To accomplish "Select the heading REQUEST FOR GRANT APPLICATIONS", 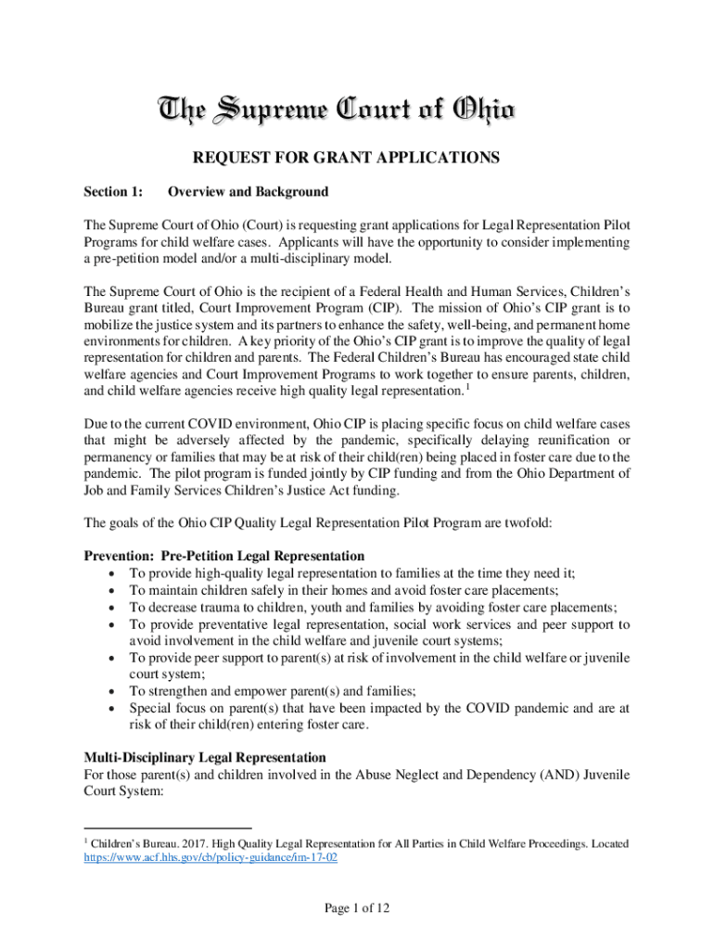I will [357, 158].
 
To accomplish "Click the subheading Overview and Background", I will [247, 192].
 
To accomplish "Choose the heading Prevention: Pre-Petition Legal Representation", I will [224, 557].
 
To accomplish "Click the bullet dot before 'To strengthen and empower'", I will [112, 691].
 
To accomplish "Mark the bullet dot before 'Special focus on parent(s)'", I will [112, 708].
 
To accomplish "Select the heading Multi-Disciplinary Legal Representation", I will [205, 758].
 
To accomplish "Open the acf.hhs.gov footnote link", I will [210, 860].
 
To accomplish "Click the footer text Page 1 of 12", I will [357, 909].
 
